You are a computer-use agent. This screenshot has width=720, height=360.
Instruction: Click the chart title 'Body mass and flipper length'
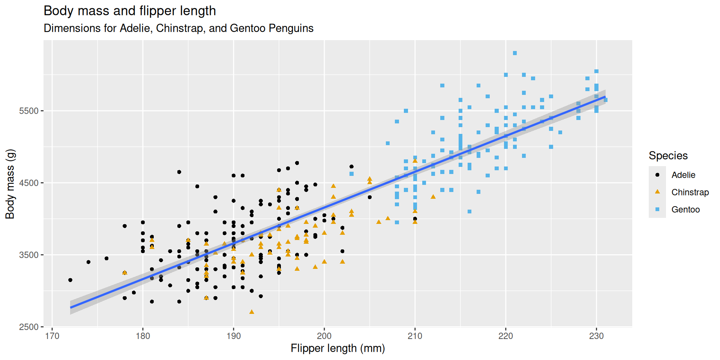(x=130, y=11)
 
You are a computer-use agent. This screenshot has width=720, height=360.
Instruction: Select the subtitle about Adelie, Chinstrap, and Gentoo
(x=178, y=28)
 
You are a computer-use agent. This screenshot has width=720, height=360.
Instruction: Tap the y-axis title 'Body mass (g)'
(x=10, y=184)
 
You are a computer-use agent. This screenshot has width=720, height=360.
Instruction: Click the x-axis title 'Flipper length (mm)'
(x=337, y=348)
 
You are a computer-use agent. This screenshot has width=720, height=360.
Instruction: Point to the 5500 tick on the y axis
(x=29, y=111)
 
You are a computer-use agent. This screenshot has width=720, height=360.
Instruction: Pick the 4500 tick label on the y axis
(x=29, y=183)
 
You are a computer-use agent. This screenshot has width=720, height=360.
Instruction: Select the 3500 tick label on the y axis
(x=29, y=255)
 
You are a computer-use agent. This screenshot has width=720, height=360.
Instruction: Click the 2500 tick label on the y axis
(x=29, y=327)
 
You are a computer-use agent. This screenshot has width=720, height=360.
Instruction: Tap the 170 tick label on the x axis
(x=52, y=336)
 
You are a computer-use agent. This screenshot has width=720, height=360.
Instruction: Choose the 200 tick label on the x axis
(x=324, y=336)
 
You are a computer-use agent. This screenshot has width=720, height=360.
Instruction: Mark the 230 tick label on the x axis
(x=596, y=336)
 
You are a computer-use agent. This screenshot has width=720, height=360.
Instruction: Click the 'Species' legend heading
(x=668, y=156)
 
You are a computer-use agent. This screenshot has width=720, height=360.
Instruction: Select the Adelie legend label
(x=683, y=175)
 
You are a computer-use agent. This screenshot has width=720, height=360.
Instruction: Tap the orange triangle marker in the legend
(x=657, y=192)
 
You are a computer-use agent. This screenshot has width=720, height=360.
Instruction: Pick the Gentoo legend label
(x=685, y=210)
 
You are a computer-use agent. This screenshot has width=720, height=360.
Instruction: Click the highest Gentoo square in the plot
(x=515, y=53)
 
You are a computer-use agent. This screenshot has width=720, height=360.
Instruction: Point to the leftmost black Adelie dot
(x=70, y=280)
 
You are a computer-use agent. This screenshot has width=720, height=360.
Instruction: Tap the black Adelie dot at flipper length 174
(x=88, y=262)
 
